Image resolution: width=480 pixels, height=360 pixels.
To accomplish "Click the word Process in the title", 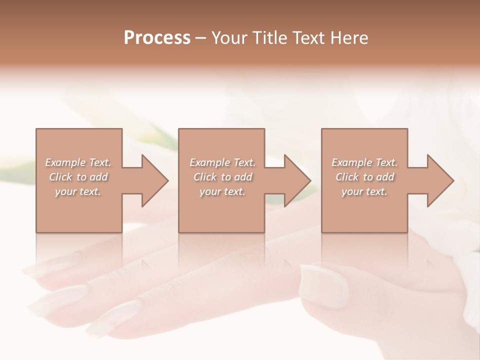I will (157, 38).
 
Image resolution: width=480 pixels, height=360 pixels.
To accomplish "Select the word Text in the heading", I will (309, 38).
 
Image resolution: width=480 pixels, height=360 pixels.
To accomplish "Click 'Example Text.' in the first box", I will (78, 162).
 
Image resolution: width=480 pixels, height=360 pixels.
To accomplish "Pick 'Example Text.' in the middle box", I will (222, 162).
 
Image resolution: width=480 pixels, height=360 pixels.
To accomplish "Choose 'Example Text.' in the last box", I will (364, 162).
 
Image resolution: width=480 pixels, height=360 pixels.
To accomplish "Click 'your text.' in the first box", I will (78, 191).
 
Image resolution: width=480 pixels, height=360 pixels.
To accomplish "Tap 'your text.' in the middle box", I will (222, 191).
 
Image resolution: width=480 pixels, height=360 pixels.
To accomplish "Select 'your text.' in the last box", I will (364, 191).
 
